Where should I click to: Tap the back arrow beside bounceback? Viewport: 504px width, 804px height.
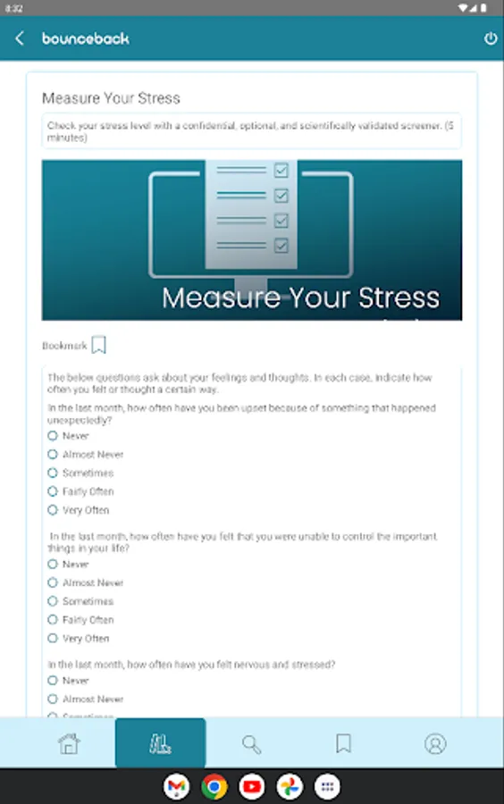click(20, 39)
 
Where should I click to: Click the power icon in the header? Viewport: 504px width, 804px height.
click(490, 39)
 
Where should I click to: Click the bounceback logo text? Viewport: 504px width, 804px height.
click(86, 39)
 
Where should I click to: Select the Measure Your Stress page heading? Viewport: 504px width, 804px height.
click(111, 98)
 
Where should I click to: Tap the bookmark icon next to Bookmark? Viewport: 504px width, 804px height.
click(99, 345)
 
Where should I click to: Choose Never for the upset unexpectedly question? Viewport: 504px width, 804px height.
click(53, 436)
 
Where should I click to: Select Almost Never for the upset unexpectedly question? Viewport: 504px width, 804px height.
click(53, 455)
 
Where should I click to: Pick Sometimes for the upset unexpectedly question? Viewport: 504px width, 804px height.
click(53, 473)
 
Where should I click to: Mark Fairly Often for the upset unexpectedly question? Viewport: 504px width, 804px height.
click(53, 491)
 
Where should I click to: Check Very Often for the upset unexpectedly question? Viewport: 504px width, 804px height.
click(53, 510)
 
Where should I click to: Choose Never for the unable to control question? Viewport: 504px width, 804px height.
click(53, 565)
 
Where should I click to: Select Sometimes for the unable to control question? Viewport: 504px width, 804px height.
click(53, 601)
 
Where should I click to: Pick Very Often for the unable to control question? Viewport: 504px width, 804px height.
click(53, 639)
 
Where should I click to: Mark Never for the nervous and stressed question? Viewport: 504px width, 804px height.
click(53, 681)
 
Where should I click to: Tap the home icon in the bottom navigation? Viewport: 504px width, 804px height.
click(69, 743)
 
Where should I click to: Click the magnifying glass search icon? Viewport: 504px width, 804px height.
click(252, 743)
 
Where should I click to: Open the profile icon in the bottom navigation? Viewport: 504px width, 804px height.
click(435, 743)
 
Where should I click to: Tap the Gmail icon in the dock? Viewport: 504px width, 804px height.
click(177, 786)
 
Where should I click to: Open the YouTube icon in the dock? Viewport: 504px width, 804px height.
click(252, 786)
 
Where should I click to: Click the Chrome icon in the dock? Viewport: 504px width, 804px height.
click(214, 786)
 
